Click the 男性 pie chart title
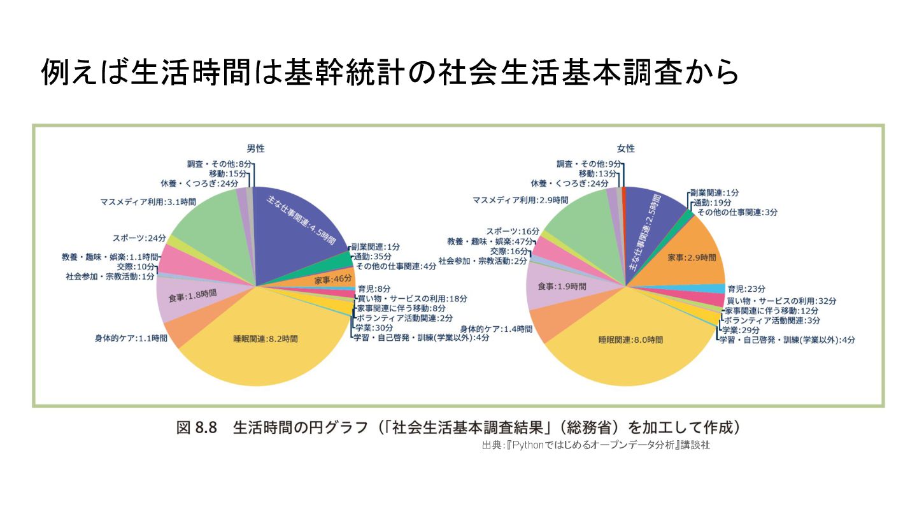tap(255, 148)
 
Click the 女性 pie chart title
tap(625, 148)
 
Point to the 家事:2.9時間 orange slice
tap(692, 258)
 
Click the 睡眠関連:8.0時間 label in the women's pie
tap(630, 340)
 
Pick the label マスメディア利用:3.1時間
tap(148, 201)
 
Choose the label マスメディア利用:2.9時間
tap(520, 199)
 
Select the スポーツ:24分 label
tap(139, 238)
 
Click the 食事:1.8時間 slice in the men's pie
tap(192, 296)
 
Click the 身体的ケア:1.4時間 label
tap(496, 329)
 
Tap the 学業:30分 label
tap(369, 327)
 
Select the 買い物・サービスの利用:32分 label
tap(781, 300)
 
